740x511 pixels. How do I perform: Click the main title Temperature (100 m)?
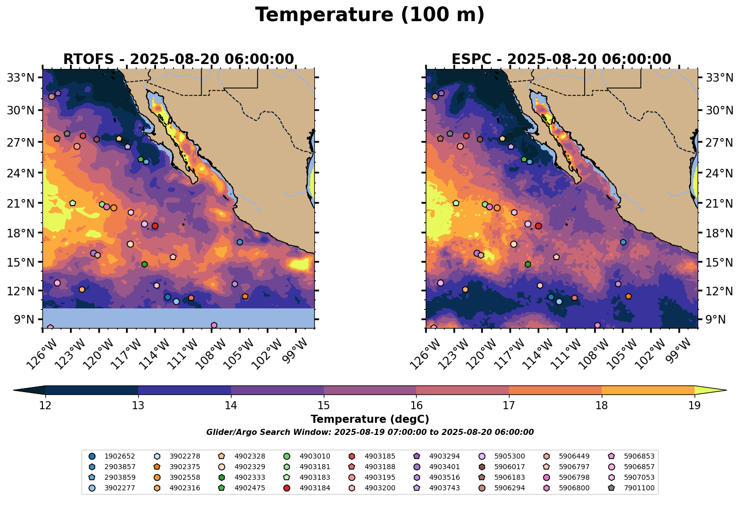[x=370, y=15]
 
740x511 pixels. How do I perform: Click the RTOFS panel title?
[x=178, y=59]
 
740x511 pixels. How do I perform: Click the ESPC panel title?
[x=561, y=59]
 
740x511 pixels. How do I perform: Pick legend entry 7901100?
[x=639, y=488]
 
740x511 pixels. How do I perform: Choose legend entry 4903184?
[x=315, y=488]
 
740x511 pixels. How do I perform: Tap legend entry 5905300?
[x=509, y=457]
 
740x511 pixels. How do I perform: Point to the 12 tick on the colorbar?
[x=45, y=406]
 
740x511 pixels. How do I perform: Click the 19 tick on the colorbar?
[x=695, y=406]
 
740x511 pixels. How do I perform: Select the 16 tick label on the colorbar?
[x=416, y=406]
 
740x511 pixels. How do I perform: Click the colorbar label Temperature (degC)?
[x=370, y=419]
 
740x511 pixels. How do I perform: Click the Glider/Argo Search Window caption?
[x=370, y=432]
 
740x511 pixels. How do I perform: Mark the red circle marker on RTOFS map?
[x=155, y=226]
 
